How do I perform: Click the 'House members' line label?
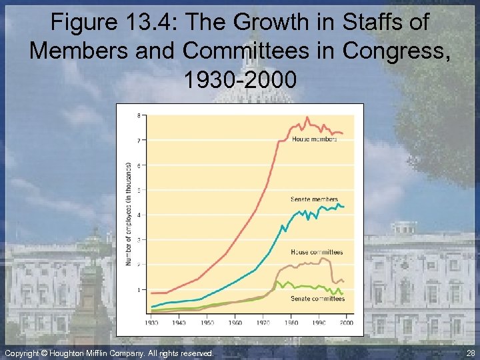coord(314,139)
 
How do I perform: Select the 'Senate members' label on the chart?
coord(314,199)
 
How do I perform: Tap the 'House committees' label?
coord(317,252)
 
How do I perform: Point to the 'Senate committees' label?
coord(317,299)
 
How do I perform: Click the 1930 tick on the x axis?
coord(151,323)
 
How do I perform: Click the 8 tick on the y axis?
coord(139,115)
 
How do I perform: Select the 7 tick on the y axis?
coord(139,140)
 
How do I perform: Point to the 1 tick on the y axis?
coord(139,290)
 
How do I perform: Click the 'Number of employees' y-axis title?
coord(128,213)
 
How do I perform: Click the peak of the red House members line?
coord(307,118)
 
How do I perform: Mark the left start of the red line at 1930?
coord(152,293)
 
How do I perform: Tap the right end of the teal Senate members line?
coord(343,207)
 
